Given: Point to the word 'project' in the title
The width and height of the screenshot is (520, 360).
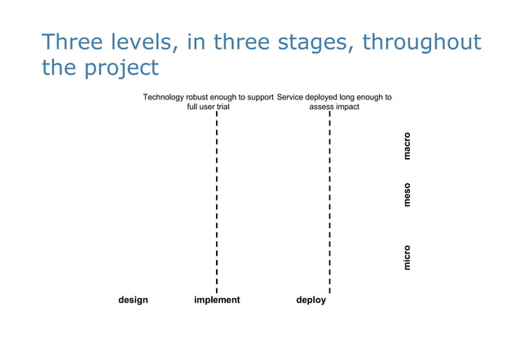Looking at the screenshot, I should (121, 68).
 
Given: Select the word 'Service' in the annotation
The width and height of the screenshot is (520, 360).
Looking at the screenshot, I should (292, 97).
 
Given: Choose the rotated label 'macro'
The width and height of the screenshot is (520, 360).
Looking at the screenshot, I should (407, 146).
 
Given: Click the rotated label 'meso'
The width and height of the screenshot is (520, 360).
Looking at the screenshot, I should (407, 195).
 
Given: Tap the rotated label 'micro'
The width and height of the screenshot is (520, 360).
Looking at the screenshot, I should (407, 257).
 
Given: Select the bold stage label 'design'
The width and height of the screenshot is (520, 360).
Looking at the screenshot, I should (133, 300).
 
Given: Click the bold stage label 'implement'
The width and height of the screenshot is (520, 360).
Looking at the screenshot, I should (217, 300).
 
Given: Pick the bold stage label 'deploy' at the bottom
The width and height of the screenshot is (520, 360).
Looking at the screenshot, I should (311, 300).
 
